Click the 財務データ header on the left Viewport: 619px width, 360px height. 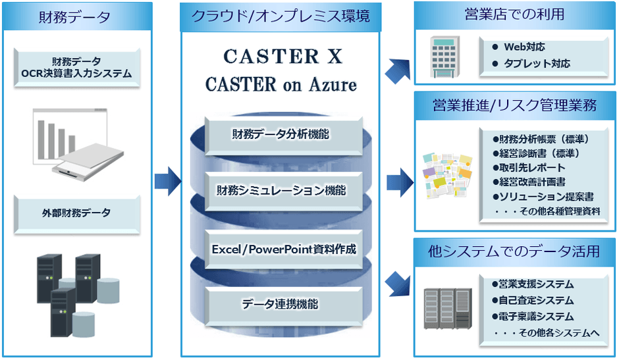click(x=77, y=18)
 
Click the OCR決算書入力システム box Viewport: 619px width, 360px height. click(x=77, y=68)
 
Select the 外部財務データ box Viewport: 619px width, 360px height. click(x=77, y=213)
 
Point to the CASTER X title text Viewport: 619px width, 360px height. click(x=283, y=57)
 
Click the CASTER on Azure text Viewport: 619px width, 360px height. click(x=281, y=84)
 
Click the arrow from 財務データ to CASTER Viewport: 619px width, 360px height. click(x=167, y=181)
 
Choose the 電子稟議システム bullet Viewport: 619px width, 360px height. click(x=537, y=317)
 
